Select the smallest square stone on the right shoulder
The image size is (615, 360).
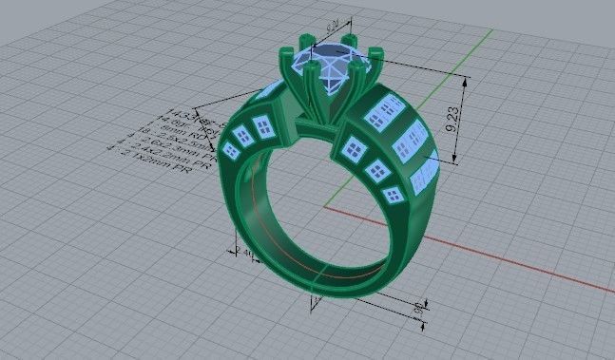pyautogui.click(x=393, y=194)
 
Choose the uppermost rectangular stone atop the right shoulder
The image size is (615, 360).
pyautogui.click(x=386, y=112)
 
